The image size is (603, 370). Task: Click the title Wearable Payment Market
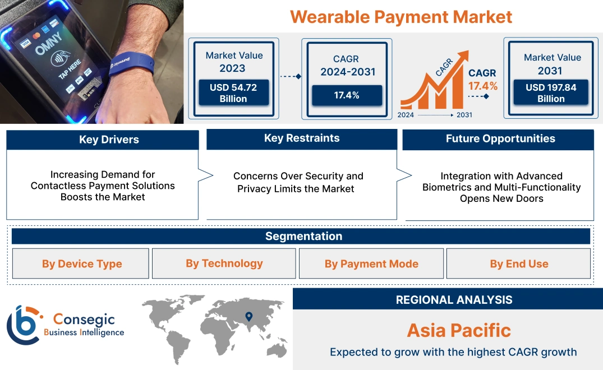click(x=401, y=17)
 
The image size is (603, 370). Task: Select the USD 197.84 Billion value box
click(x=551, y=93)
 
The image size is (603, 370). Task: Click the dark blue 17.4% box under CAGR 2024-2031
click(x=347, y=95)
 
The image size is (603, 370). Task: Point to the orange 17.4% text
click(x=483, y=86)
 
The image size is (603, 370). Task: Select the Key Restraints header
click(x=302, y=138)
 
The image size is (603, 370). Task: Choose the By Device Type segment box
click(x=81, y=264)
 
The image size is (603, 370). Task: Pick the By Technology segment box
click(x=224, y=263)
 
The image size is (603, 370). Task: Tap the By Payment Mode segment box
click(x=371, y=264)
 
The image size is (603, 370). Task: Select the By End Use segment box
click(x=519, y=264)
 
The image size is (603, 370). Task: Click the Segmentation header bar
click(x=303, y=236)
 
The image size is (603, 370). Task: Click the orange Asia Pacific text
click(x=459, y=330)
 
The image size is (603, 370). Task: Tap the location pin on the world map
click(x=249, y=317)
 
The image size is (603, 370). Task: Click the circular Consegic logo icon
click(x=23, y=325)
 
